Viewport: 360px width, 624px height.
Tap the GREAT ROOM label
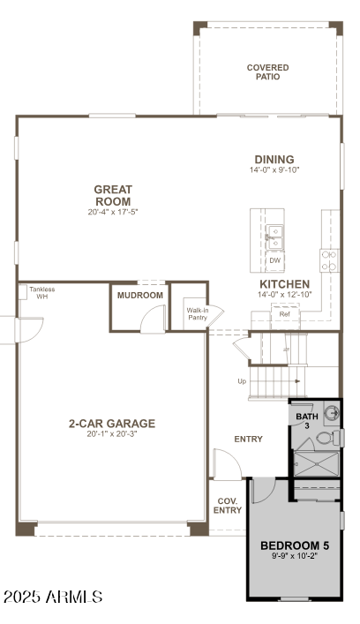(113, 195)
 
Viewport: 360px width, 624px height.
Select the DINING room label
(274, 160)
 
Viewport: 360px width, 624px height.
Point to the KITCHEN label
(284, 283)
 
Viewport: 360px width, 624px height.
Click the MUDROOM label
(141, 295)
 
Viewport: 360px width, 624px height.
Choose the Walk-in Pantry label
(196, 313)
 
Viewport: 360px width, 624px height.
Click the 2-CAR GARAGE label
(111, 424)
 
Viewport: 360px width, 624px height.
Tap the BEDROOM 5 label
(295, 545)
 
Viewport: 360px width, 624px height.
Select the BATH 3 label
(306, 420)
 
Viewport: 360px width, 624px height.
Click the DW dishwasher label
(275, 260)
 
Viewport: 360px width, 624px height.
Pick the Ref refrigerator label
(284, 314)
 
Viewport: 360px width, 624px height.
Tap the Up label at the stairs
(242, 381)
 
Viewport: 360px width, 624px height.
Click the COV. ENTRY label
(228, 505)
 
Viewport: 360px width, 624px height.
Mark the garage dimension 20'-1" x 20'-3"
(111, 434)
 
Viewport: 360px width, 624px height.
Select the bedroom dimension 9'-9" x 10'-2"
(295, 557)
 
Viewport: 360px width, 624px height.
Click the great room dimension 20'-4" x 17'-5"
(113, 212)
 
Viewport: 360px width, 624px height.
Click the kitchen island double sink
(275, 233)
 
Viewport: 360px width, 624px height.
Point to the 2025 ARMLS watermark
(53, 598)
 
